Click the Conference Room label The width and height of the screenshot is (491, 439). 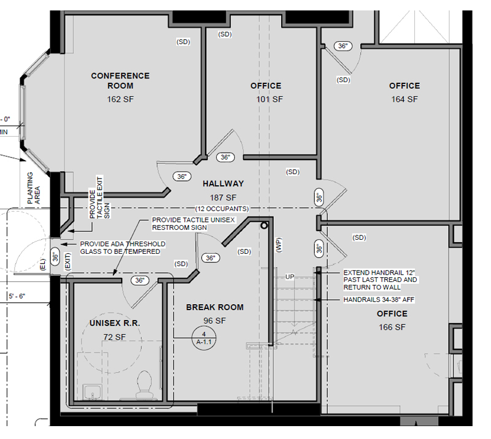pyautogui.click(x=120, y=81)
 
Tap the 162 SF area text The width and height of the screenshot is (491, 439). pyautogui.click(x=120, y=99)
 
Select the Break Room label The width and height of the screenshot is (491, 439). pyautogui.click(x=215, y=307)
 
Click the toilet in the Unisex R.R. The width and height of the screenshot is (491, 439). pyautogui.click(x=144, y=384)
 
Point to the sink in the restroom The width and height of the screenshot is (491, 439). pyautogui.click(x=91, y=392)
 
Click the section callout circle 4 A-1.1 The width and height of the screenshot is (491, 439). pyautogui.click(x=204, y=338)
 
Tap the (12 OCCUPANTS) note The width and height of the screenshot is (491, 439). pyautogui.click(x=222, y=208)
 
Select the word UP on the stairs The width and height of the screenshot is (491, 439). pyautogui.click(x=290, y=277)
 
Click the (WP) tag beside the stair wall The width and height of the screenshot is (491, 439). pyautogui.click(x=279, y=245)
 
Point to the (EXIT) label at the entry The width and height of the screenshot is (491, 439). pyautogui.click(x=68, y=261)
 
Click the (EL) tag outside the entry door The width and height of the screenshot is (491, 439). pyautogui.click(x=43, y=264)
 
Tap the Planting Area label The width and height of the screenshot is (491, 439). pyautogui.click(x=34, y=188)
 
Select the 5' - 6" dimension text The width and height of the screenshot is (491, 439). pyautogui.click(x=17, y=296)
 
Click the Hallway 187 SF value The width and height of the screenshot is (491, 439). pyautogui.click(x=223, y=198)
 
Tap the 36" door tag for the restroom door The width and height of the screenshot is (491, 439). pyautogui.click(x=140, y=280)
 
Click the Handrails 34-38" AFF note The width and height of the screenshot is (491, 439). pyautogui.click(x=379, y=300)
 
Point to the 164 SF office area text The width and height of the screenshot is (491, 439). pyautogui.click(x=404, y=99)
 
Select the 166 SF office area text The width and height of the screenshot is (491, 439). pyautogui.click(x=392, y=327)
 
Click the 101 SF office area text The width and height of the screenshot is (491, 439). pyautogui.click(x=269, y=99)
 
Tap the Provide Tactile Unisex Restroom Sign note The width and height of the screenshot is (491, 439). pyautogui.click(x=193, y=224)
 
